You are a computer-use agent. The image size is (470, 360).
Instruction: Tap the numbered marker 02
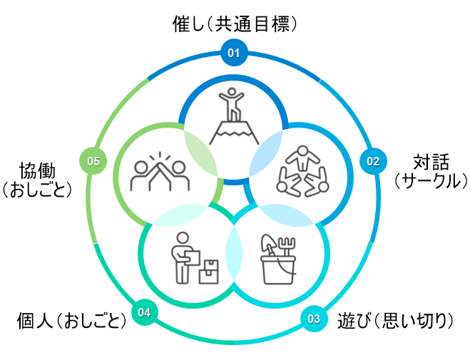[x=372, y=161]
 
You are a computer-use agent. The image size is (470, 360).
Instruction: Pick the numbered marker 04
[x=145, y=312]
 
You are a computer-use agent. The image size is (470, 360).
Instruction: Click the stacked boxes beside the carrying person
[x=209, y=270]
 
